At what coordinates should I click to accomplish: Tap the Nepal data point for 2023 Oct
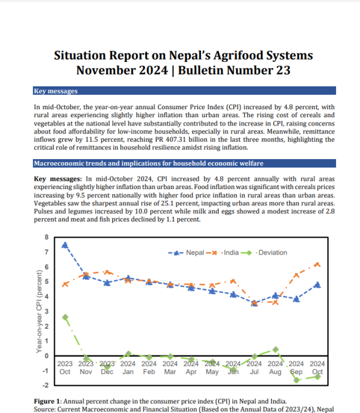[65, 245]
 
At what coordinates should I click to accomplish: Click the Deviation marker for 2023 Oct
[65, 316]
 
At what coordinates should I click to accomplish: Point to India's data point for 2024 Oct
[317, 264]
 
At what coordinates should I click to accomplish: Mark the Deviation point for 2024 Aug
[275, 349]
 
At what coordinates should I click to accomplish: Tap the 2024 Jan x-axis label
[128, 367]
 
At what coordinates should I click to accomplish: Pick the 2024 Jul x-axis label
[254, 367]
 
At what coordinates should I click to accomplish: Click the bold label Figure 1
[51, 400]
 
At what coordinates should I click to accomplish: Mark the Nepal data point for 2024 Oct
[317, 285]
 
